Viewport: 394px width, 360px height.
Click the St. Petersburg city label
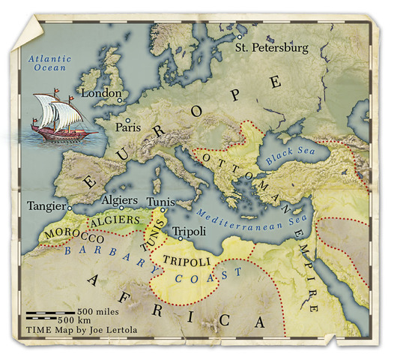point(271,48)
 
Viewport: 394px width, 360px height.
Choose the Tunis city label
point(163,202)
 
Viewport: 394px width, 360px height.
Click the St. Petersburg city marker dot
point(240,36)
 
